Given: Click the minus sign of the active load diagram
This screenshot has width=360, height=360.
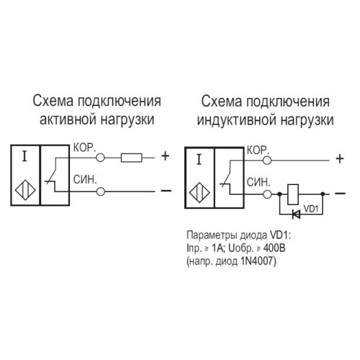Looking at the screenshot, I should (165, 191).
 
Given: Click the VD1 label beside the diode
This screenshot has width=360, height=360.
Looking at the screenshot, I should (312, 209).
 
